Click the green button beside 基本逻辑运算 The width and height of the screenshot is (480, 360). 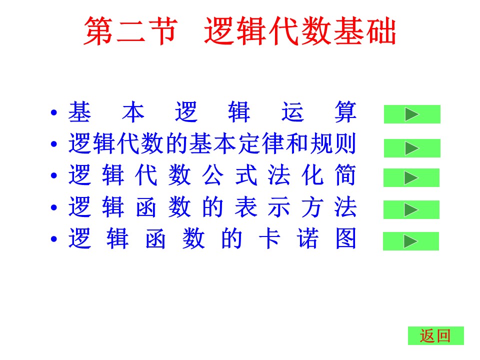point(412,114)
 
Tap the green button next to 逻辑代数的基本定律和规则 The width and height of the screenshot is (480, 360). point(412,148)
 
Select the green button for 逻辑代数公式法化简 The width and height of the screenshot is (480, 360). point(411,177)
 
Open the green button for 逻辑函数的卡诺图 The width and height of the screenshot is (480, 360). point(411,241)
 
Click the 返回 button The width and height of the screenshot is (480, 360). point(436,336)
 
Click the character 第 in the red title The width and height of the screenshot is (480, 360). point(97,31)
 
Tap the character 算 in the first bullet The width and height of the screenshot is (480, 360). point(345,112)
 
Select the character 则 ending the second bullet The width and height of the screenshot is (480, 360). point(345,143)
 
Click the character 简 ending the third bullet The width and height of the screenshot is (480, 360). point(345,175)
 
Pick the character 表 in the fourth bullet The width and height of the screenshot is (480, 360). point(246,207)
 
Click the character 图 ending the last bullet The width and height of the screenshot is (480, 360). point(346,238)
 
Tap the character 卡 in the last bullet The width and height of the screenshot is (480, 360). point(269,238)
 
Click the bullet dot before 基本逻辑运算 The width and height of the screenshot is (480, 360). point(54,112)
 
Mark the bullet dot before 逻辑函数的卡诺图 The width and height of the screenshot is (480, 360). point(54,239)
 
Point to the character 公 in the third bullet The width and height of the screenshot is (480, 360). point(213,175)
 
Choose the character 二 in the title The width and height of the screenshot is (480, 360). point(130,31)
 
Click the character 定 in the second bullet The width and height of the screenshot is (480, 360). point(249,143)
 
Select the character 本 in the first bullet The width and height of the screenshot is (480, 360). point(133,112)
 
